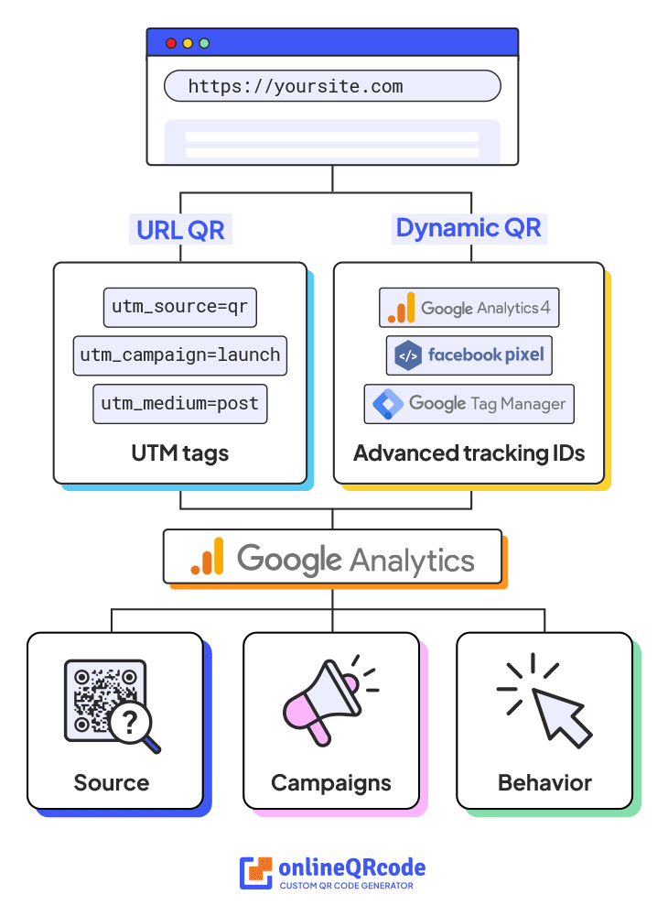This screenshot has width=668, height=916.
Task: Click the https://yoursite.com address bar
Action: point(332,87)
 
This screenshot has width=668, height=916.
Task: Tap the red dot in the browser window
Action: point(171,43)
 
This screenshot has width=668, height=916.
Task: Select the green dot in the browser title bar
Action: point(204,43)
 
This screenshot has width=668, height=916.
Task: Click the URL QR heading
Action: point(180,230)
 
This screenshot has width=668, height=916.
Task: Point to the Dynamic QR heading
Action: point(469,228)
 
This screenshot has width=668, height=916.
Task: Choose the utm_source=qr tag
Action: point(180,308)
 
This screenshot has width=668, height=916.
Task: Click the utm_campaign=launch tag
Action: point(180,355)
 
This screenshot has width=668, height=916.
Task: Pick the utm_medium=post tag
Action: point(180,403)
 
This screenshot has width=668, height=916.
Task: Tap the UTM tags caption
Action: point(180,453)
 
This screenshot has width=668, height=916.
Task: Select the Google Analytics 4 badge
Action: point(469,308)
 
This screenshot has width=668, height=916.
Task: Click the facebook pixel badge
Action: point(469,355)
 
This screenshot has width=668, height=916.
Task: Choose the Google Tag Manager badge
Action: point(469,403)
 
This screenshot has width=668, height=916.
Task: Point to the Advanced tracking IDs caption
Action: point(469,453)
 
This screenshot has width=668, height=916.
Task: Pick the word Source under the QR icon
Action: point(112,783)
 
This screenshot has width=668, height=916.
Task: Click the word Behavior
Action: point(544,783)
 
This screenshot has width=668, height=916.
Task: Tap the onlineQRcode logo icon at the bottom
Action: point(256,873)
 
